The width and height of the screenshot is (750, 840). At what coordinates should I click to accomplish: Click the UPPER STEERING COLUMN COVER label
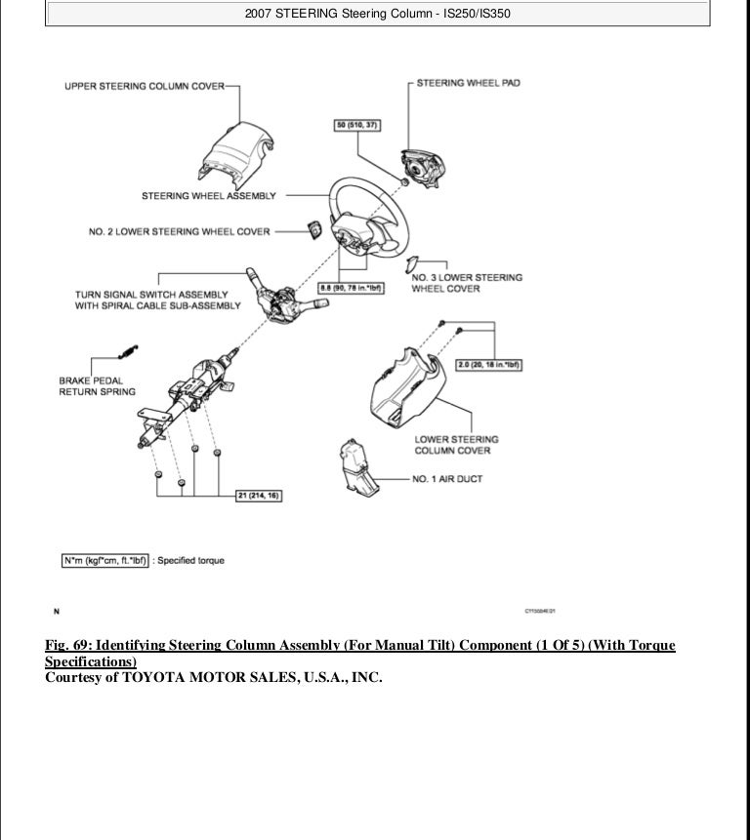(145, 86)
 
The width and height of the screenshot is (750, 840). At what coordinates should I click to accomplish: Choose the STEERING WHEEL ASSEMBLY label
(208, 196)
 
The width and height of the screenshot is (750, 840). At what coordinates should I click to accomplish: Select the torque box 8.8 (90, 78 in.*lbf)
(351, 287)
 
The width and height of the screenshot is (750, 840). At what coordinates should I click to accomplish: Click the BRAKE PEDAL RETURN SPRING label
(97, 385)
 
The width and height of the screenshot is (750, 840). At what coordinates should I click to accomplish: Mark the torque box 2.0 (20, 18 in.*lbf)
(491, 365)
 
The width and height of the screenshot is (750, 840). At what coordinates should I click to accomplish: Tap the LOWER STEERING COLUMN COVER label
(456, 445)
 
